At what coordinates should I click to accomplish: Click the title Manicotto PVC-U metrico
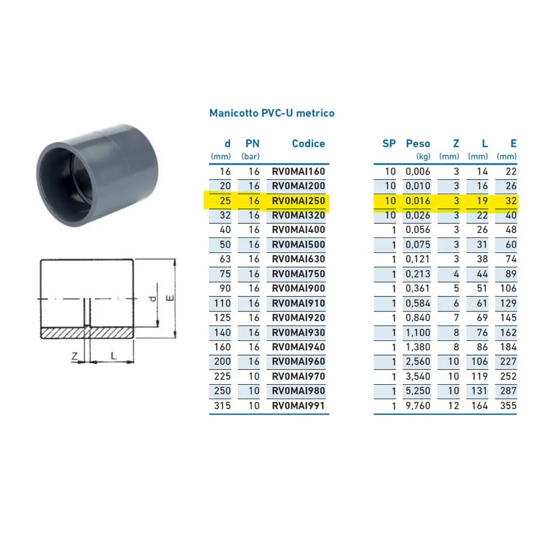click(272, 113)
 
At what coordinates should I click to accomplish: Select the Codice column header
click(308, 143)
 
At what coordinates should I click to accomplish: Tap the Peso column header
click(418, 143)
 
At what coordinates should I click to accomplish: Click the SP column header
click(389, 143)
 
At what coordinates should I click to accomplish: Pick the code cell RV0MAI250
click(298, 200)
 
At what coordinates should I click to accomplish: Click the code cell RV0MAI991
click(298, 406)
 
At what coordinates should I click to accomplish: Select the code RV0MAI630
click(298, 259)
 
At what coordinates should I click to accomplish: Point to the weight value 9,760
click(418, 406)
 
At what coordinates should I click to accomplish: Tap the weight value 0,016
click(418, 200)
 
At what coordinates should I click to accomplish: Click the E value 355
click(508, 406)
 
